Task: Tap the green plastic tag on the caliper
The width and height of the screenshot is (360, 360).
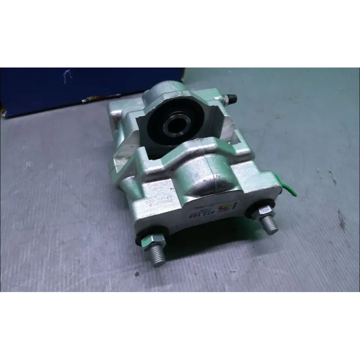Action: (288, 189)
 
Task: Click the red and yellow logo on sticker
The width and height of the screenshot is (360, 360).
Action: (225, 207)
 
